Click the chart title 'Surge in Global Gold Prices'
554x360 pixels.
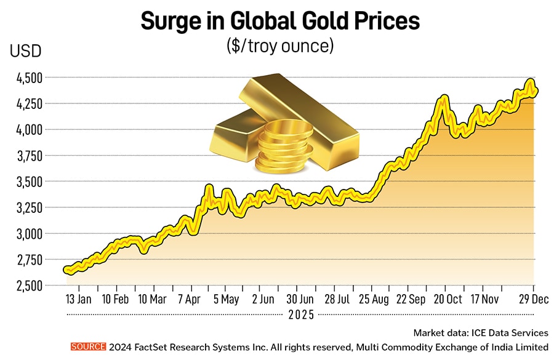(x=280, y=21)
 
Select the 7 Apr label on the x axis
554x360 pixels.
(x=189, y=300)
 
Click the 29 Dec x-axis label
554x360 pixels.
(x=531, y=300)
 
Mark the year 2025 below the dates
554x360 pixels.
(x=300, y=314)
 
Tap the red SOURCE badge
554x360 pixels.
(x=88, y=347)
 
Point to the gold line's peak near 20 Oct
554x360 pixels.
(x=443, y=97)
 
